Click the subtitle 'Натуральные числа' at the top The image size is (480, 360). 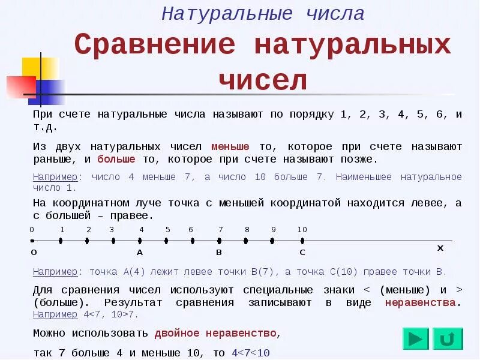pos(263,14)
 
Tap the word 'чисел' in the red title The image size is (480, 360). pos(263,79)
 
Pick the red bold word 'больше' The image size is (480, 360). pos(116,160)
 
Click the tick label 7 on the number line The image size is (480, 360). pos(220,230)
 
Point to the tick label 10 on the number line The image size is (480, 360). pos(302,230)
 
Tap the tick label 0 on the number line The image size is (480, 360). pos(32,230)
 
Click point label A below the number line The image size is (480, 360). pos(140,253)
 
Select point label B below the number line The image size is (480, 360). pos(219,253)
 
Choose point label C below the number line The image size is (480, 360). pos(302,253)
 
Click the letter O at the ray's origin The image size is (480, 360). pos(34,253)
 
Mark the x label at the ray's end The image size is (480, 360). pos(440,247)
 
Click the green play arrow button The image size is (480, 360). pos(415,339)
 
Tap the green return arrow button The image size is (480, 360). pos(448,339)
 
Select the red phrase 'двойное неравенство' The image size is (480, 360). pos(215,333)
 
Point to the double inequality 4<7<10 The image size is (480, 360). pos(250,353)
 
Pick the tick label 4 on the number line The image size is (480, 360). pos(142,230)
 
